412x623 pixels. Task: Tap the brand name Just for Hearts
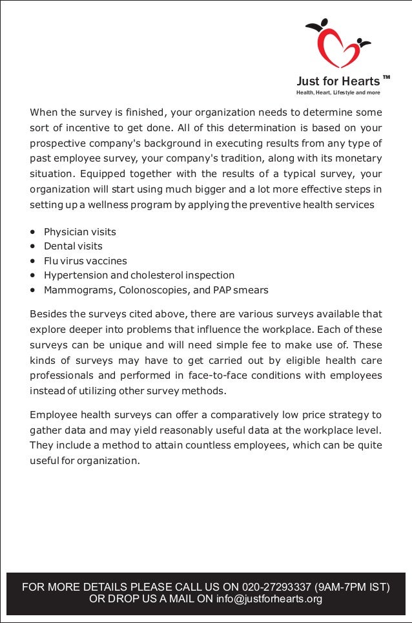[x=338, y=81]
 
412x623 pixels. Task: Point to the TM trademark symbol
[x=386, y=78]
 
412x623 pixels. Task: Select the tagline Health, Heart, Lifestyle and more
[x=338, y=93]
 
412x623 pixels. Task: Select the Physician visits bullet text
[x=80, y=231]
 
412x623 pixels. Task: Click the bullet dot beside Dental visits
[x=32, y=247]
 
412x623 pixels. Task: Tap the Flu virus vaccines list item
[x=85, y=261]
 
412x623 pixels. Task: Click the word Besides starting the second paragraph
[x=48, y=315]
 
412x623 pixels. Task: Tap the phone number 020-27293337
[x=277, y=587]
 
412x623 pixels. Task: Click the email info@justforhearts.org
[x=269, y=599]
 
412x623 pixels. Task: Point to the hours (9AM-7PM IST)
[x=352, y=587]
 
